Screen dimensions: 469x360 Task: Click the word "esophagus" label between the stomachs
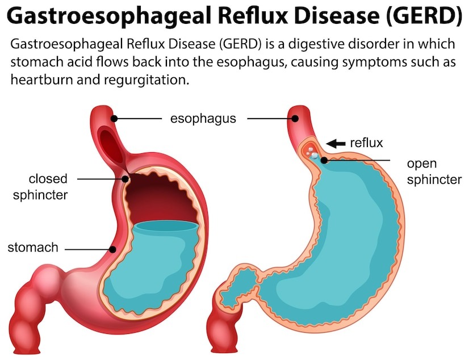(203, 119)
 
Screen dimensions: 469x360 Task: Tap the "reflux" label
(366, 143)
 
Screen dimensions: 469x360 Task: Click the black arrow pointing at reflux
(336, 144)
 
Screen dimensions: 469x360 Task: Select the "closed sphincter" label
(40, 187)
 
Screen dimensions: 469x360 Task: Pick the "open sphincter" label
(434, 171)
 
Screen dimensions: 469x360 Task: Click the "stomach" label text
(33, 248)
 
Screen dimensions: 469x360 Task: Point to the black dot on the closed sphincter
(125, 179)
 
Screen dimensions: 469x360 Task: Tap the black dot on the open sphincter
(324, 161)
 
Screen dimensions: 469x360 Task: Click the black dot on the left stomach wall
(113, 249)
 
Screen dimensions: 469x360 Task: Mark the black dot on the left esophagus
(114, 119)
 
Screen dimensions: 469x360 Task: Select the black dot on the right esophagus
(295, 119)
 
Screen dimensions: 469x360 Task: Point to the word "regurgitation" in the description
(147, 80)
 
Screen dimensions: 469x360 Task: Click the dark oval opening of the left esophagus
(111, 144)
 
